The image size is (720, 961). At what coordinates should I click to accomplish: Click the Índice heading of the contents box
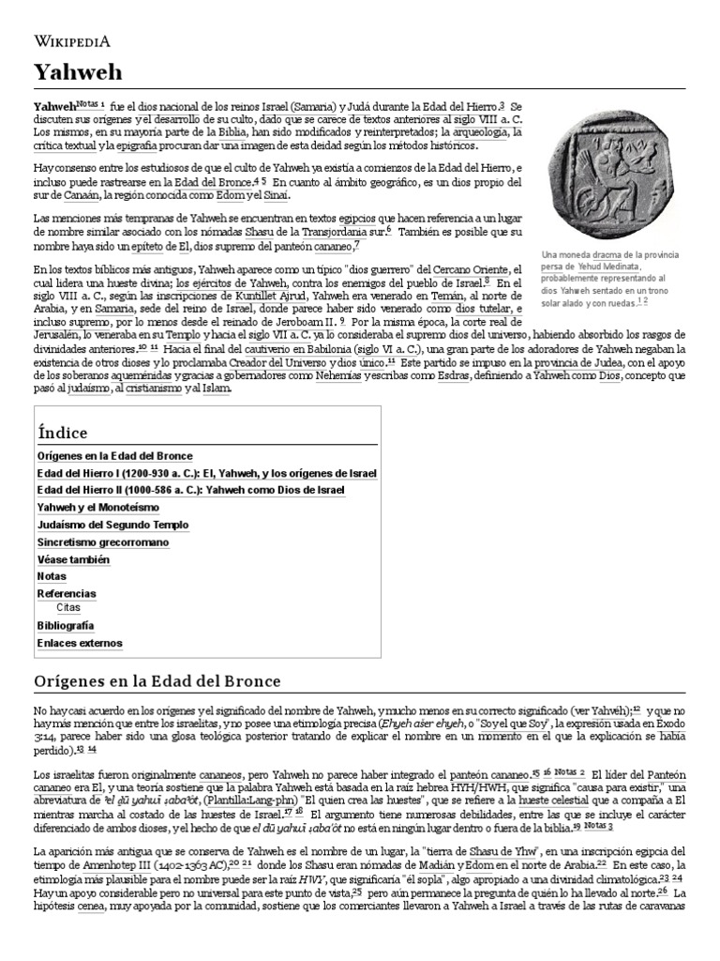pos(62,433)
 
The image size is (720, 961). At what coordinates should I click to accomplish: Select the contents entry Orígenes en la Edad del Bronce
pos(114,455)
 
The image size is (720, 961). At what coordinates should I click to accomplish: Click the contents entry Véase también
pos(73,559)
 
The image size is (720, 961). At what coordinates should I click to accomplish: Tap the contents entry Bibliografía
pos(65,625)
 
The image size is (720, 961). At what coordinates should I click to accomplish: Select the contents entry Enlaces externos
pos(79,643)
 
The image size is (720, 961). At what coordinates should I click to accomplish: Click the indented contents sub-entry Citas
pos(68,607)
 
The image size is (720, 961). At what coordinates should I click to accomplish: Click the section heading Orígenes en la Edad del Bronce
pos(157,680)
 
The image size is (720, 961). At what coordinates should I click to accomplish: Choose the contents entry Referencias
pos(67,594)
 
